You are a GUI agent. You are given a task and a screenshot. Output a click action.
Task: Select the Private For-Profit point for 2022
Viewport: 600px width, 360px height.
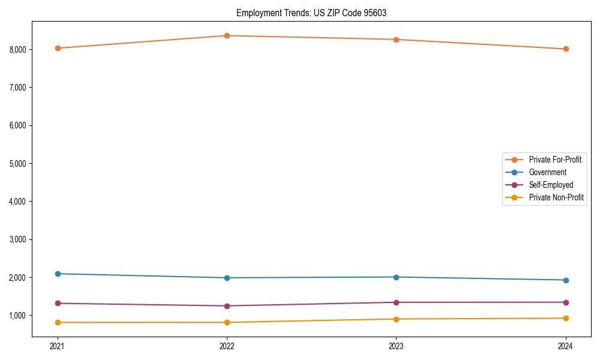(x=227, y=35)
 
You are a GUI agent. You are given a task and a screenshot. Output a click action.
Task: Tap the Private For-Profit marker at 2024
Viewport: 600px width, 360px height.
(x=566, y=49)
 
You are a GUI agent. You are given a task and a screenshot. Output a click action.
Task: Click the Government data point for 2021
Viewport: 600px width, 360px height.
(x=58, y=274)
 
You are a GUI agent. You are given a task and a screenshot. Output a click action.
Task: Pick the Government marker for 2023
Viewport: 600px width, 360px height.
(x=396, y=277)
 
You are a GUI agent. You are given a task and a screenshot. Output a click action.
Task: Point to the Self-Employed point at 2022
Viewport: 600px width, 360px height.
(x=227, y=306)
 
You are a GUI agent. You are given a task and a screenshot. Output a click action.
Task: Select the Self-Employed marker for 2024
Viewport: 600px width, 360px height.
(x=566, y=302)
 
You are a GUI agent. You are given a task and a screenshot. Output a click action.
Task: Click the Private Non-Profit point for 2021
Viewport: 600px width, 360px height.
(x=58, y=322)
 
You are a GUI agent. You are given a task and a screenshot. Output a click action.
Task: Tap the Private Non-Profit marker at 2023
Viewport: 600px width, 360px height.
(x=396, y=319)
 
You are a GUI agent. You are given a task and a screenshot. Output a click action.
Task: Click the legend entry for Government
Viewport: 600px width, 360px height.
(x=547, y=172)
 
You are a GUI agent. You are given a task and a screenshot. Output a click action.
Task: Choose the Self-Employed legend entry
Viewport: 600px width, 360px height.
(x=551, y=185)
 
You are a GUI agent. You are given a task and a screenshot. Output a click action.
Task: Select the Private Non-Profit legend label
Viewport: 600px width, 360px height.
(x=556, y=197)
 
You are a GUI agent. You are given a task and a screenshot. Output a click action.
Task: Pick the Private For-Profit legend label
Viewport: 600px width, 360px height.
(x=555, y=160)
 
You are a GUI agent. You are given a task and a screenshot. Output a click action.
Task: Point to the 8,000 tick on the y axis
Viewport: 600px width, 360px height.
(x=19, y=49)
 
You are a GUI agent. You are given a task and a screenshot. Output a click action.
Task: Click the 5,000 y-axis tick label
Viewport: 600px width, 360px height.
(x=19, y=163)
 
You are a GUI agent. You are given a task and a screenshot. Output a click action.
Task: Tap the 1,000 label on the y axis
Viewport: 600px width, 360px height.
(x=19, y=316)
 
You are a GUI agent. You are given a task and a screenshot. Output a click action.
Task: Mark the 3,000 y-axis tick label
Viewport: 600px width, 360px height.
(x=19, y=239)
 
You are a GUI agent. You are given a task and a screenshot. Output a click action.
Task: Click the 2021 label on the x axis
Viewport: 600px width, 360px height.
(x=58, y=346)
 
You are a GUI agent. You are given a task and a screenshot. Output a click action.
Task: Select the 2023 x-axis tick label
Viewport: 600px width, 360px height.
(x=396, y=346)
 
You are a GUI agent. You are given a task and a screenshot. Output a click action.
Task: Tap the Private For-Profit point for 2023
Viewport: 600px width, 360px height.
(x=396, y=40)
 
